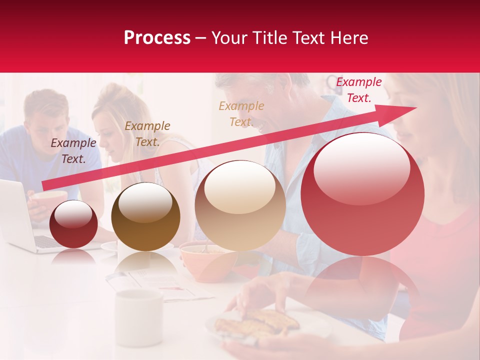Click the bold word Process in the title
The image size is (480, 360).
pos(157,38)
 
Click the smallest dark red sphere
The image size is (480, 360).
pos(74,224)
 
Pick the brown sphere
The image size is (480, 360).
pos(145,216)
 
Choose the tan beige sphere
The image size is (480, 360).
pos(240,205)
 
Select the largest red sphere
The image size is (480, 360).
pos(362,194)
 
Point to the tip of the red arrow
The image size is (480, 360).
pos(415,108)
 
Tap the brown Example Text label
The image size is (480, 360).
pos(147,133)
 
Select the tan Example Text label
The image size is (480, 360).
pos(241,113)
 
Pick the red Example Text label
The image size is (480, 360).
pos(358,90)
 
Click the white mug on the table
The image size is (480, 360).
pos(138,310)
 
